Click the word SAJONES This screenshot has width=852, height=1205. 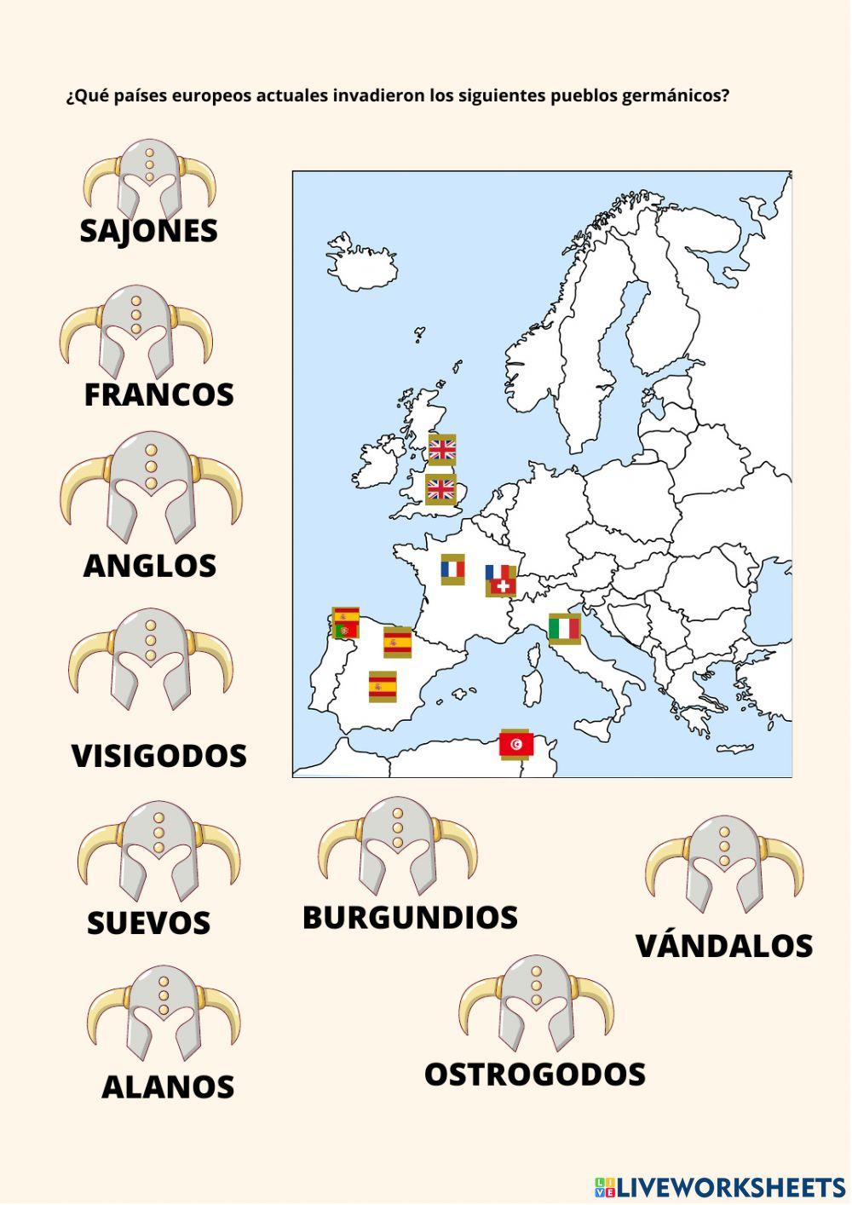(148, 231)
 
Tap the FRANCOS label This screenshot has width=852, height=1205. (158, 395)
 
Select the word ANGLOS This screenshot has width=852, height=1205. (149, 566)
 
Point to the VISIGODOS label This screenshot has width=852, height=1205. (158, 756)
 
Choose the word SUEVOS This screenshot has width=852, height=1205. (148, 923)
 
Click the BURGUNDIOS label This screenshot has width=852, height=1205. (410, 918)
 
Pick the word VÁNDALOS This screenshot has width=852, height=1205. (724, 946)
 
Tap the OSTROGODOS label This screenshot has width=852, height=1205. (534, 1075)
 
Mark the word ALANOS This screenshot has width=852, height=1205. (167, 1087)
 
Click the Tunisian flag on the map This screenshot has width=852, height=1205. (516, 745)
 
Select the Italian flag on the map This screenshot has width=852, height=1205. (564, 629)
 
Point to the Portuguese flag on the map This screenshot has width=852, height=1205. (345, 631)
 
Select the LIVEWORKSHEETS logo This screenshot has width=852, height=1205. (719, 1187)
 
